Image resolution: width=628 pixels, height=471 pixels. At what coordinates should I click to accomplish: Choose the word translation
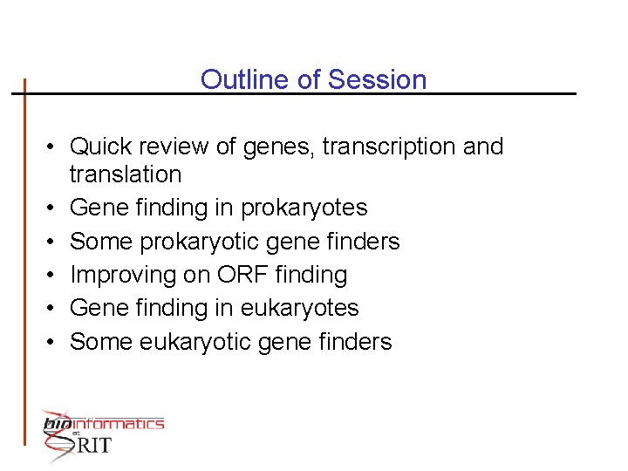point(126,174)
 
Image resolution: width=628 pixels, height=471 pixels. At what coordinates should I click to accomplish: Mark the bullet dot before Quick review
point(53,147)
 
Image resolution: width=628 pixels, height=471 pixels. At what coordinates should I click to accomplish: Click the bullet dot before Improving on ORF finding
point(53,276)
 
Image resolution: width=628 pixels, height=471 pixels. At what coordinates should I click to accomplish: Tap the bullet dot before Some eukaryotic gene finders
point(53,343)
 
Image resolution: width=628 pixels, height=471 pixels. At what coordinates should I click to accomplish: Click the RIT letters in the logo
point(94,445)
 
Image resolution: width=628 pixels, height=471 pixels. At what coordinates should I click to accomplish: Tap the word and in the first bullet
point(483,147)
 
